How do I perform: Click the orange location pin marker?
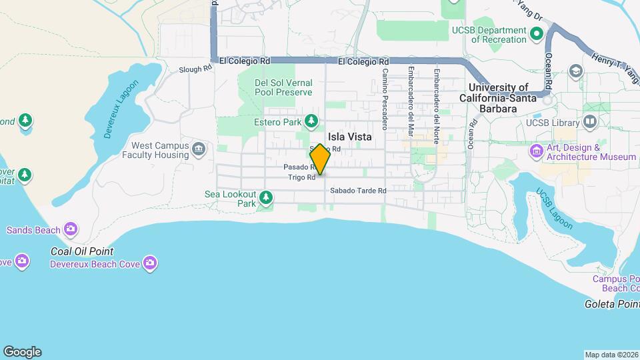[x=320, y=159]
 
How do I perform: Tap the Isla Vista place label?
[x=349, y=137]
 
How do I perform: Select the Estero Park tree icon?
[x=311, y=121]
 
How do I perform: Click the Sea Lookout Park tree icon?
[x=266, y=197]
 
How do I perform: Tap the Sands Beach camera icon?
[x=70, y=230]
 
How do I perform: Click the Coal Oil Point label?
[x=82, y=251]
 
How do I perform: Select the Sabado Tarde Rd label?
[x=358, y=191]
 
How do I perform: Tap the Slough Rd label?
[x=195, y=69]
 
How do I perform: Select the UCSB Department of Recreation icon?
[x=535, y=32]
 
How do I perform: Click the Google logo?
[x=22, y=352]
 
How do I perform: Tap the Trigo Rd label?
[x=301, y=177]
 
